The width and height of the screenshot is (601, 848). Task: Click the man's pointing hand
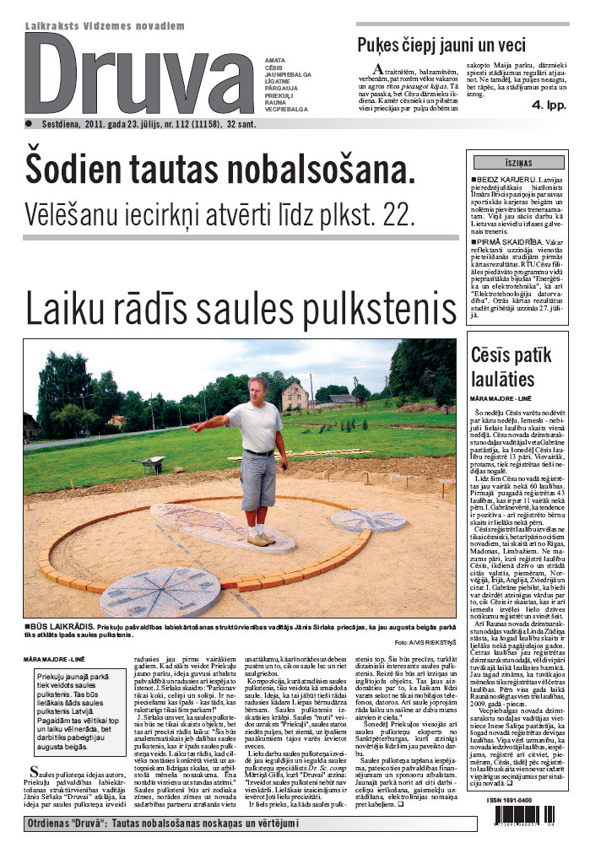(x=195, y=426)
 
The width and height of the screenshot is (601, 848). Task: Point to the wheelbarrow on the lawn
(x=153, y=462)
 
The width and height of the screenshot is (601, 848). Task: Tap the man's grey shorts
(x=258, y=480)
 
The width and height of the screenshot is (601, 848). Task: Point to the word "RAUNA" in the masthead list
(x=273, y=102)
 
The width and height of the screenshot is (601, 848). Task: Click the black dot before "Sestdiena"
(x=28, y=123)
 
